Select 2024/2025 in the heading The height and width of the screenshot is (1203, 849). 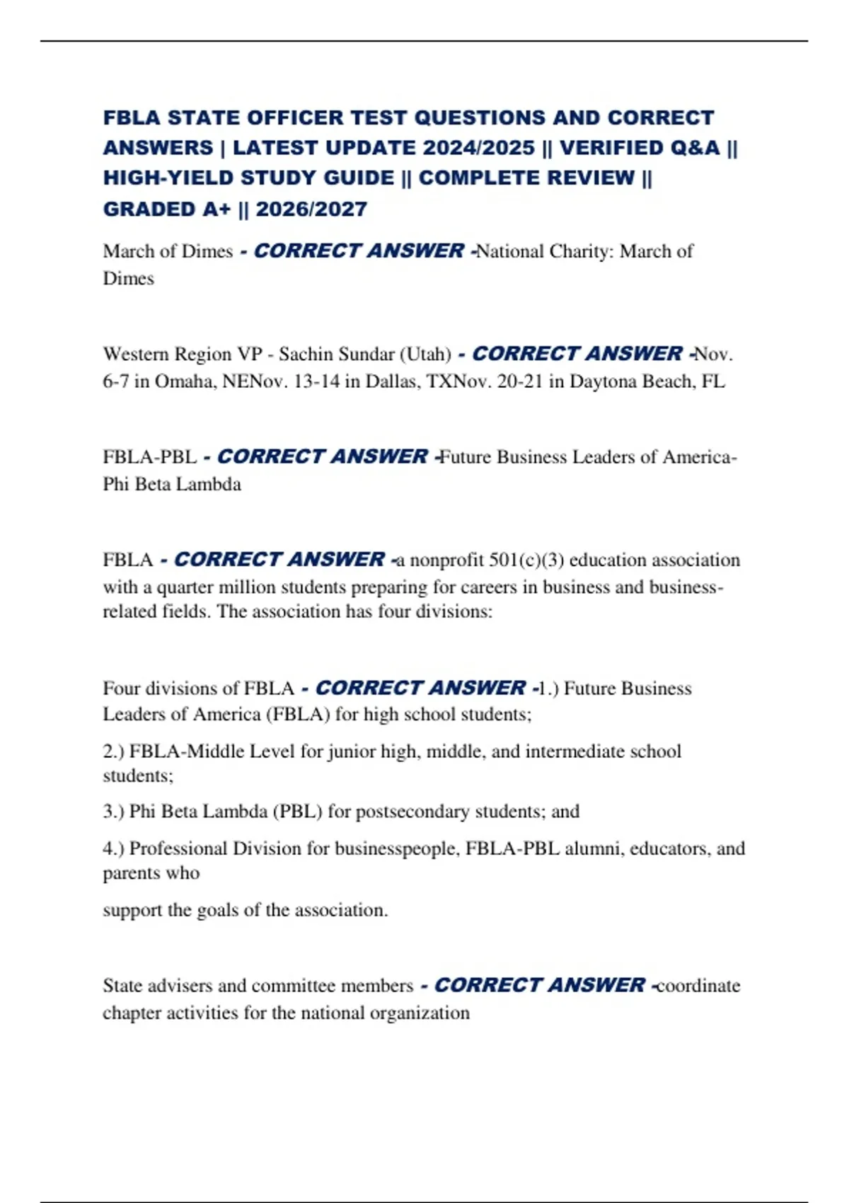[x=479, y=148]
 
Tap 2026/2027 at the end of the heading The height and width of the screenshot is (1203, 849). [x=311, y=209]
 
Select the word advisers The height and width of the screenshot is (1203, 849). [x=180, y=986]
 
